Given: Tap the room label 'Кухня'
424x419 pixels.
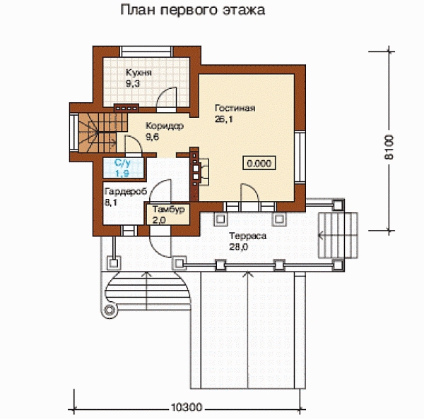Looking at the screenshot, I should click(139, 73).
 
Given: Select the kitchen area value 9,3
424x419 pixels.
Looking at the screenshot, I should click(133, 83).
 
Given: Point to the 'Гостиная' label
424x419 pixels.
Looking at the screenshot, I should click(234, 109).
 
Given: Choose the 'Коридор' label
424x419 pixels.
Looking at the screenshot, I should click(164, 126).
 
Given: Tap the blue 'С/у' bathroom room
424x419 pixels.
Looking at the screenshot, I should click(122, 167).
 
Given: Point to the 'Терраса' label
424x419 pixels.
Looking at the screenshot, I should click(247, 236).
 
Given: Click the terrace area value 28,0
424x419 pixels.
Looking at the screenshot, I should click(238, 247).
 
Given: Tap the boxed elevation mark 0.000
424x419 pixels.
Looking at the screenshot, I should click(258, 163).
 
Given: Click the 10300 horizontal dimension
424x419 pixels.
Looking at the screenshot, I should click(187, 407).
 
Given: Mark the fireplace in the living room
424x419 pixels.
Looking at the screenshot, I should click(199, 169).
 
